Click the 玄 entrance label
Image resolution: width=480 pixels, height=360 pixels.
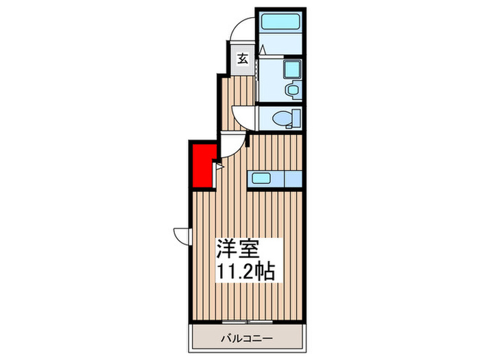(243, 58)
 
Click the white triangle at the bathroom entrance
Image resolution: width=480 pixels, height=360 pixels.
(262, 50)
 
